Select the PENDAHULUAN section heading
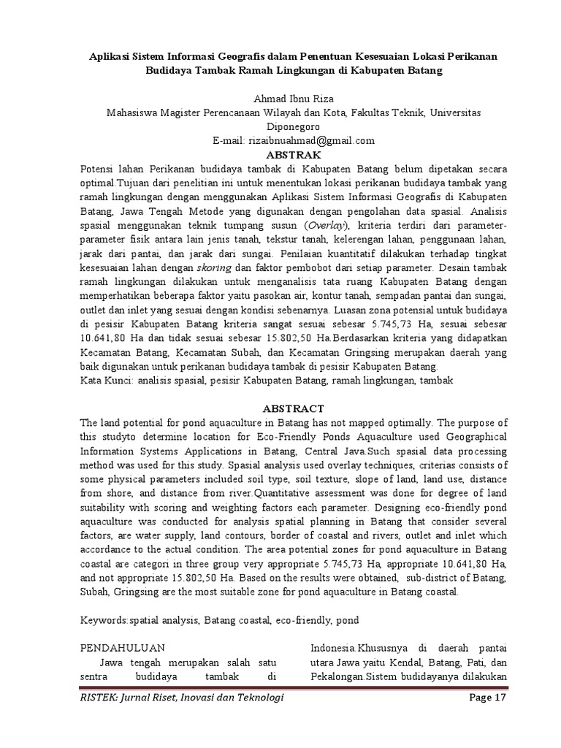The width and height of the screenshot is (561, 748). [x=121, y=648]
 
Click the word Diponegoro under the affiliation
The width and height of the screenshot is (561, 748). [x=280, y=126]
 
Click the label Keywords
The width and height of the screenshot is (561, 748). [x=104, y=620]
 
